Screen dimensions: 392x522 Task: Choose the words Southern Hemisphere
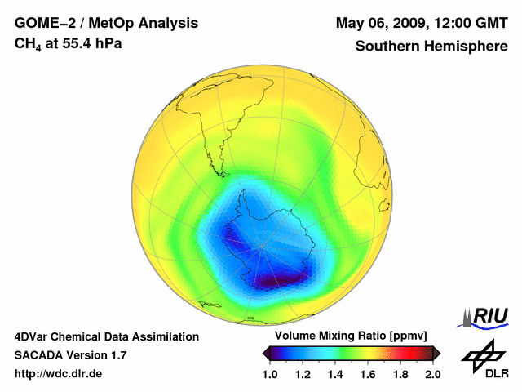coord(431,46)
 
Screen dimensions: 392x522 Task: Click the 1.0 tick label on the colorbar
coord(272,374)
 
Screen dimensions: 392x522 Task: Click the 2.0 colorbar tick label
coord(432,374)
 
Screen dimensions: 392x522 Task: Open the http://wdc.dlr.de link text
coord(59,374)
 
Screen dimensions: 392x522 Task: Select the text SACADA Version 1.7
coord(70,355)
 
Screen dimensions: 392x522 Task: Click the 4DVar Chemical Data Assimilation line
coord(106,336)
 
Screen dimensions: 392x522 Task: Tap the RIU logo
coord(484,316)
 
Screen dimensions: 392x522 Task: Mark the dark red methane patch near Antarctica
coord(281,280)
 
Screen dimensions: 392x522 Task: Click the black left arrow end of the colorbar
coord(267,353)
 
